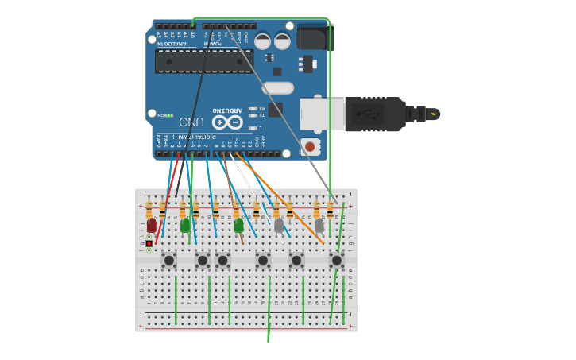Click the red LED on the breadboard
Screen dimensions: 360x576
(152, 226)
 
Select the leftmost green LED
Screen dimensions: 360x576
(185, 226)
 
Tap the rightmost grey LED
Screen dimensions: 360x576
(319, 226)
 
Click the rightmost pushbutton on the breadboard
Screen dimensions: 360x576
(336, 260)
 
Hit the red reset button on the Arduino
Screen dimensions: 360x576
(309, 146)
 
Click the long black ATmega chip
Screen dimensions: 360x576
(204, 61)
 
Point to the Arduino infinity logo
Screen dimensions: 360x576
(227, 122)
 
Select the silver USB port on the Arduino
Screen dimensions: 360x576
(322, 114)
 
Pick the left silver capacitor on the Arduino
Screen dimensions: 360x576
(263, 41)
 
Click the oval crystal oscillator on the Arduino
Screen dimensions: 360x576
(277, 88)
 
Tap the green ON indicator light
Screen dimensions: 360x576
(168, 115)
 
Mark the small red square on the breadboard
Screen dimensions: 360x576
(149, 243)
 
